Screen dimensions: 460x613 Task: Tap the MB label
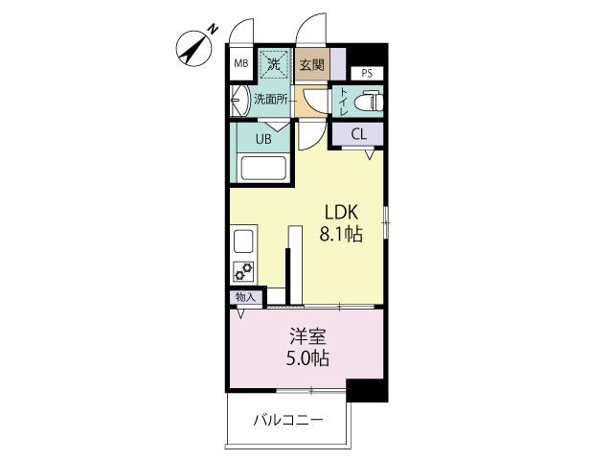pos(241,65)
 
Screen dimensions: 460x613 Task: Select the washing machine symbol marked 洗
pos(273,64)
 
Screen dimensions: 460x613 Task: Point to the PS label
pos(367,73)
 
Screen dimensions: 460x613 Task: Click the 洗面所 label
pos(270,98)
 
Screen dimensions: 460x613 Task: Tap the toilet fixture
pos(368,100)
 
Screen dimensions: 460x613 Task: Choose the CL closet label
pos(358,134)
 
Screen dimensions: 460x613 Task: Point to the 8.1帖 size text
pos(339,233)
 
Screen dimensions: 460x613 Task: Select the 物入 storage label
pos(245,297)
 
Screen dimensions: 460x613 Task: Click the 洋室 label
pos(308,337)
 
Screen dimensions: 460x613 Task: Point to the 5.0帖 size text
pos(308,359)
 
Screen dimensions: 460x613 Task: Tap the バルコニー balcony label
pos(288,420)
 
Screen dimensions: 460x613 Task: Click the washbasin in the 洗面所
pos(239,100)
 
